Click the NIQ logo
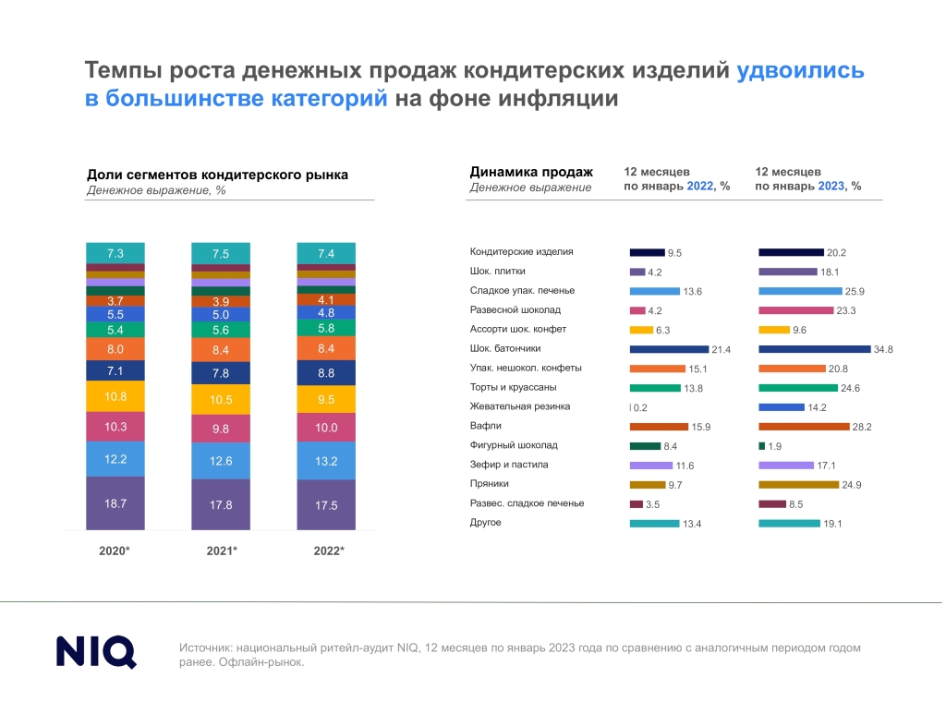[96, 652]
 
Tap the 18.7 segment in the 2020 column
[115, 503]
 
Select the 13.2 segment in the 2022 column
[326, 461]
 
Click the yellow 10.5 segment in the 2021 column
[221, 399]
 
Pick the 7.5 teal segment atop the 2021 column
[221, 253]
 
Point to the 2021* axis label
[222, 551]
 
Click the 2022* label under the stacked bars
[329, 551]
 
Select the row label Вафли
[486, 426]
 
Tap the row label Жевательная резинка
[520, 406]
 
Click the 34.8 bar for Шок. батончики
[815, 349]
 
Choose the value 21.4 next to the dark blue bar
[721, 350]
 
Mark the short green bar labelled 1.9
[761, 446]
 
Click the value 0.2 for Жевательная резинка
[640, 407]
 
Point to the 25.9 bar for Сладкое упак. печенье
[800, 291]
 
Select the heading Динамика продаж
[531, 172]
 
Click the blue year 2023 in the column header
[831, 186]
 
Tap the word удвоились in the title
[801, 70]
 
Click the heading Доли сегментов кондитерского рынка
[217, 175]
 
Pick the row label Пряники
[490, 484]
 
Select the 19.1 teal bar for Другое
[789, 524]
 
